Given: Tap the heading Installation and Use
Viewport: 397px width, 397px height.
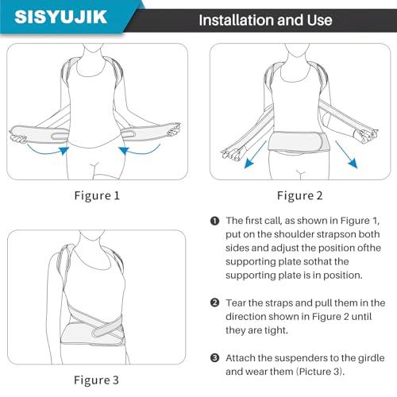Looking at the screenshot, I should (264, 19).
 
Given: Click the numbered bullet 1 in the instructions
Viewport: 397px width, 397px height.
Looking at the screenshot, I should (214, 221).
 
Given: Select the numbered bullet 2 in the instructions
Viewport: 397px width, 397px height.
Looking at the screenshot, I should (214, 303).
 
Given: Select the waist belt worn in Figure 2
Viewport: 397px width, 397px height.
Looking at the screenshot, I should (300, 144).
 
